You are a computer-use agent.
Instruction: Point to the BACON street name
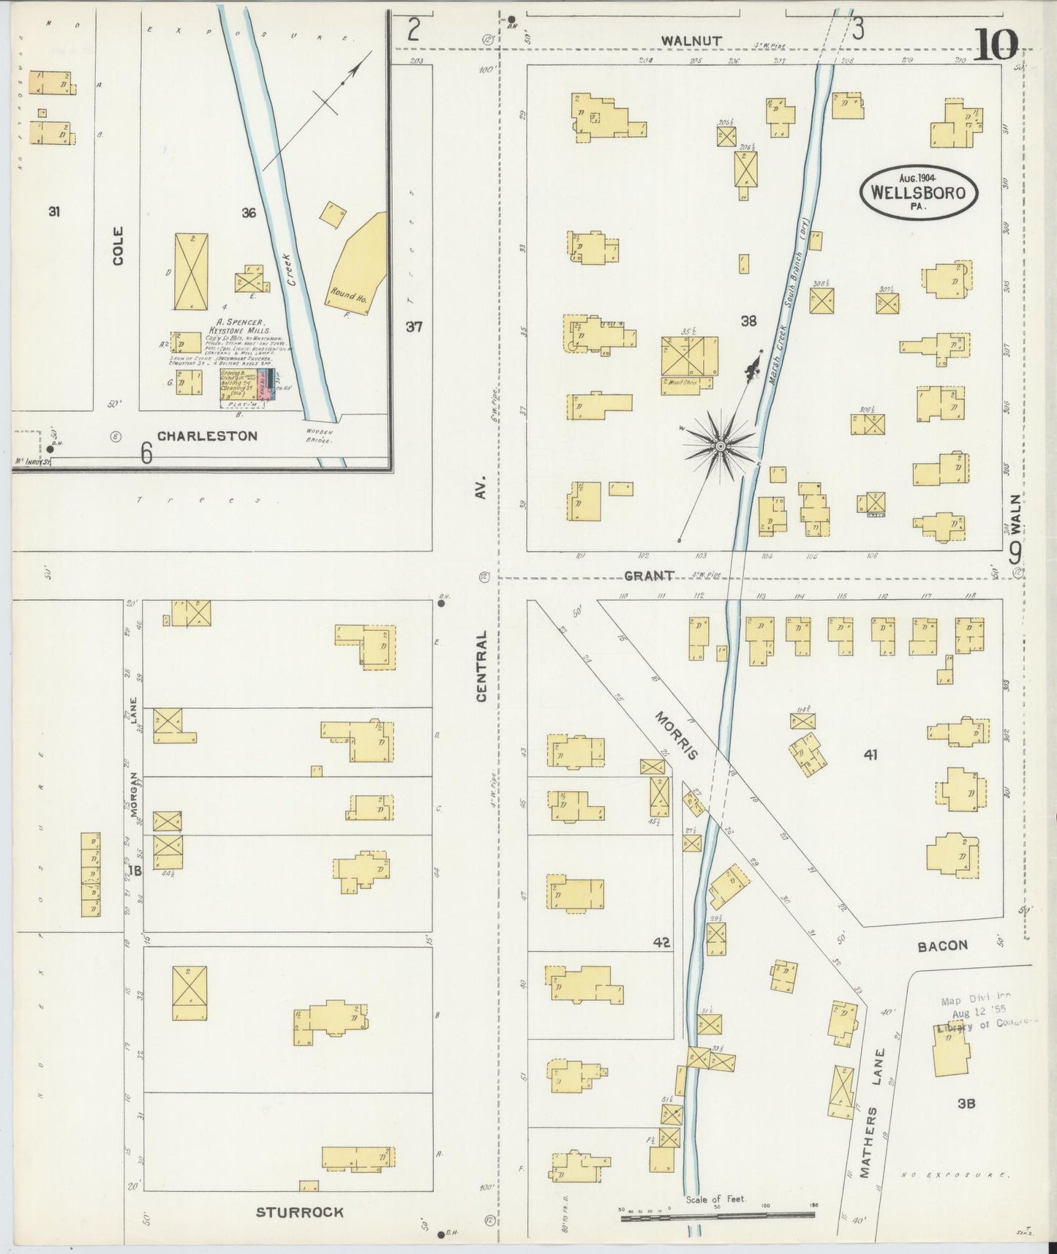coord(942,946)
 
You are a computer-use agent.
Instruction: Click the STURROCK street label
coord(299,1212)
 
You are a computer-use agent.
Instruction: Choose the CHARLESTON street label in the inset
coord(207,436)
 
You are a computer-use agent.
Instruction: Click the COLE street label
coord(118,246)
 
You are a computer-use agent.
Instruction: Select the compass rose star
coord(721,446)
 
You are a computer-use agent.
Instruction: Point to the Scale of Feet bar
coord(717,1215)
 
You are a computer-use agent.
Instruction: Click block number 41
coord(870,755)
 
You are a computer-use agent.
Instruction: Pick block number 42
coord(662,942)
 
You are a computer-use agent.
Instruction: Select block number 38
coord(748,320)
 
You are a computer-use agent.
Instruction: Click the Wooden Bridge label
coord(319,436)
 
